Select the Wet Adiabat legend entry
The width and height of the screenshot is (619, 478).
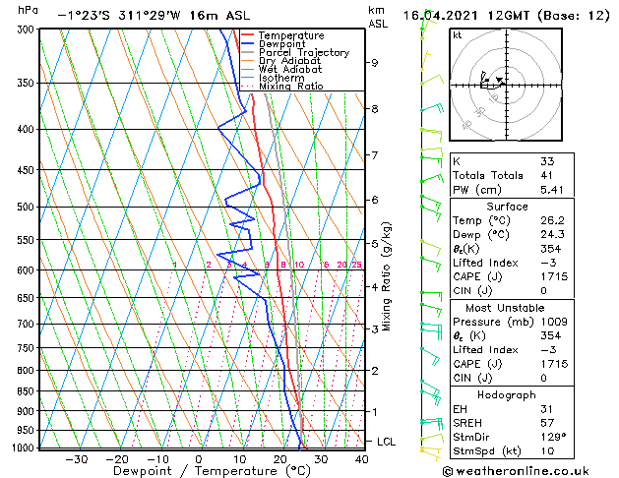(x=288, y=69)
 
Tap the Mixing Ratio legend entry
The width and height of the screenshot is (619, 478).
(x=290, y=86)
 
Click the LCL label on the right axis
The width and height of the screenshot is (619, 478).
(x=386, y=443)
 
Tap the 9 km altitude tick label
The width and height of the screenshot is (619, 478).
(x=375, y=63)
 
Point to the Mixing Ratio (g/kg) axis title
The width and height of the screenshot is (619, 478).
(x=388, y=275)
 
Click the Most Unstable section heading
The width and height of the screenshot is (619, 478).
(x=506, y=308)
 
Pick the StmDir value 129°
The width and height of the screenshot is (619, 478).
(x=552, y=437)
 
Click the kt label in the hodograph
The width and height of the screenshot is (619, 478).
(x=457, y=35)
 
